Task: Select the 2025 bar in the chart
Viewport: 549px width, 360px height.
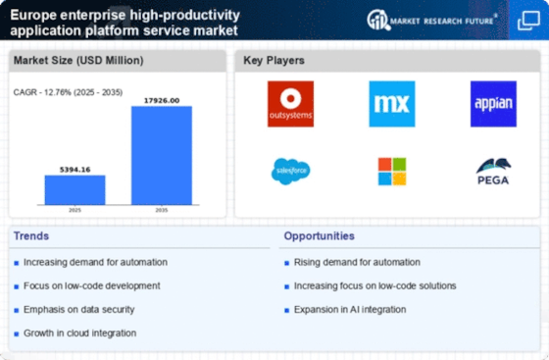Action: point(75,189)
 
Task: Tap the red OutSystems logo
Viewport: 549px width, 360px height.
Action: point(290,104)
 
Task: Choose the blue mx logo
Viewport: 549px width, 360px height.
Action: point(392,104)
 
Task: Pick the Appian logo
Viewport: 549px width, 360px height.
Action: point(493,104)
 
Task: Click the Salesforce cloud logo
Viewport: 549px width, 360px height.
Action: point(290,171)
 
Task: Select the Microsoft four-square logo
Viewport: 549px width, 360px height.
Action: point(392,172)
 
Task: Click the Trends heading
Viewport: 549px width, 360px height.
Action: point(33,235)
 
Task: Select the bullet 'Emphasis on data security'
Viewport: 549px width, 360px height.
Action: point(80,309)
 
